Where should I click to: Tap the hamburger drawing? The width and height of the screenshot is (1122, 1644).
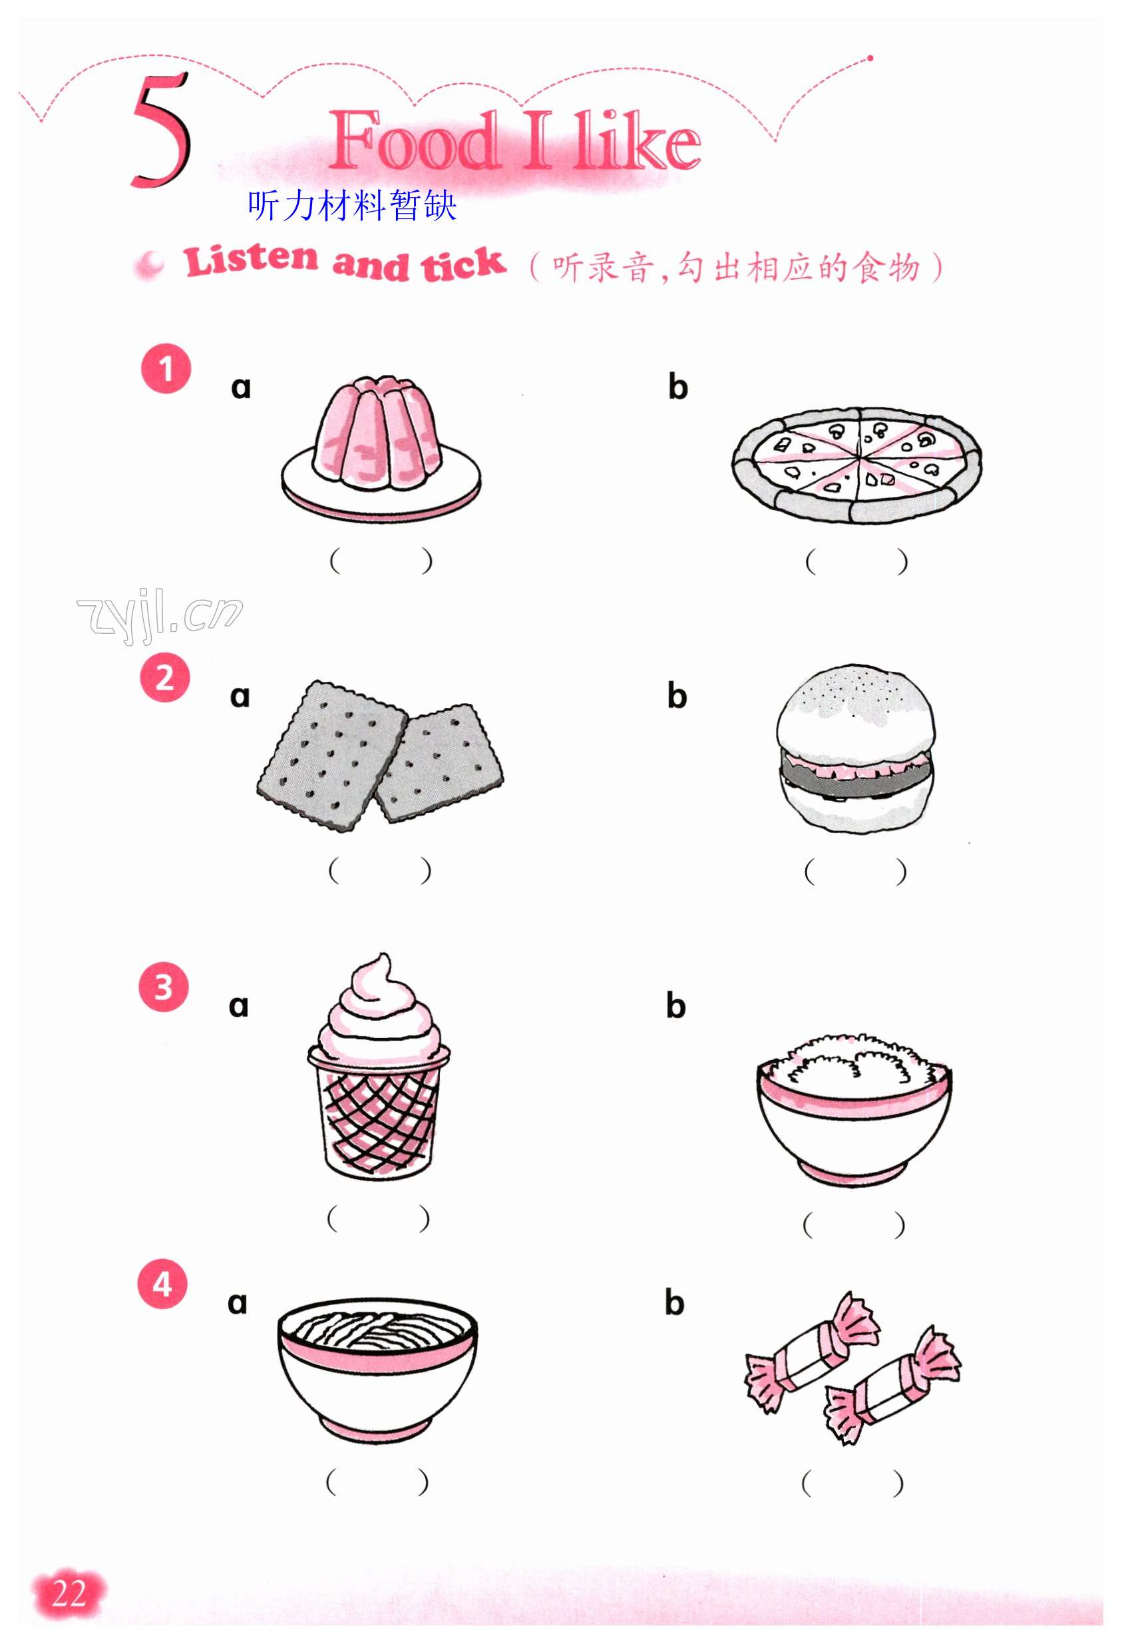click(x=855, y=748)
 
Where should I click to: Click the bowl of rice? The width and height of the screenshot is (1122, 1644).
click(x=854, y=1109)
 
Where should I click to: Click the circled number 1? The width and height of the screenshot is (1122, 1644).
click(x=166, y=369)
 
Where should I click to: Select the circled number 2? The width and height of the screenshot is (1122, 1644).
click(x=165, y=678)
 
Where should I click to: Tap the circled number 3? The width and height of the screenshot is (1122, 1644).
click(x=163, y=986)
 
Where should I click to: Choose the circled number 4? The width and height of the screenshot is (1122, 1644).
click(x=162, y=1283)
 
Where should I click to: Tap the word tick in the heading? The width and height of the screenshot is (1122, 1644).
click(x=463, y=264)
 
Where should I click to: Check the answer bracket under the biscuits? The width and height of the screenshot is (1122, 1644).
click(x=379, y=870)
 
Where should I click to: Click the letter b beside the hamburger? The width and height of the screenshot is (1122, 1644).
click(x=677, y=696)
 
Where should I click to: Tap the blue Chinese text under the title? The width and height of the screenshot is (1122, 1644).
click(x=352, y=206)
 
